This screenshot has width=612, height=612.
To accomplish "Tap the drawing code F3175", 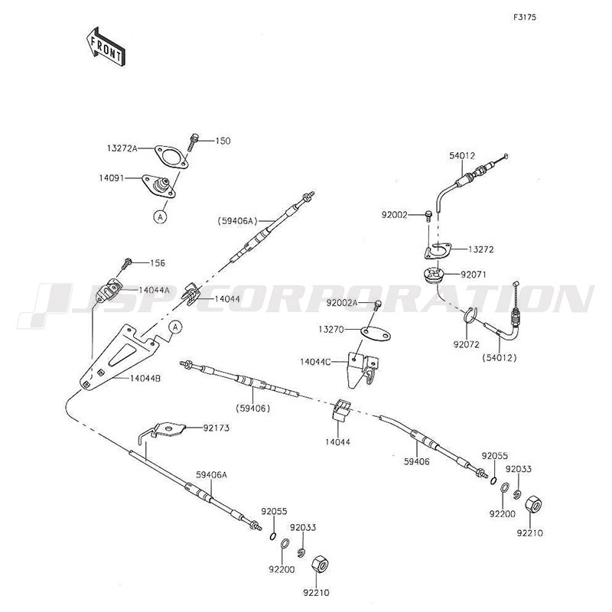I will pyautogui.click(x=525, y=17).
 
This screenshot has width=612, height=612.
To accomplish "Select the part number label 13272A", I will pyautogui.click(x=122, y=148).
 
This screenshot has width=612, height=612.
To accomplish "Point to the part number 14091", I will pyautogui.click(x=122, y=178).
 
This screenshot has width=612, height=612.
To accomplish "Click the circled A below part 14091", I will pyautogui.click(x=161, y=216).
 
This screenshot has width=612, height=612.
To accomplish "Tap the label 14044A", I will pyautogui.click(x=154, y=290).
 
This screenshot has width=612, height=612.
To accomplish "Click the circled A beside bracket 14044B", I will pyautogui.click(x=175, y=327).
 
